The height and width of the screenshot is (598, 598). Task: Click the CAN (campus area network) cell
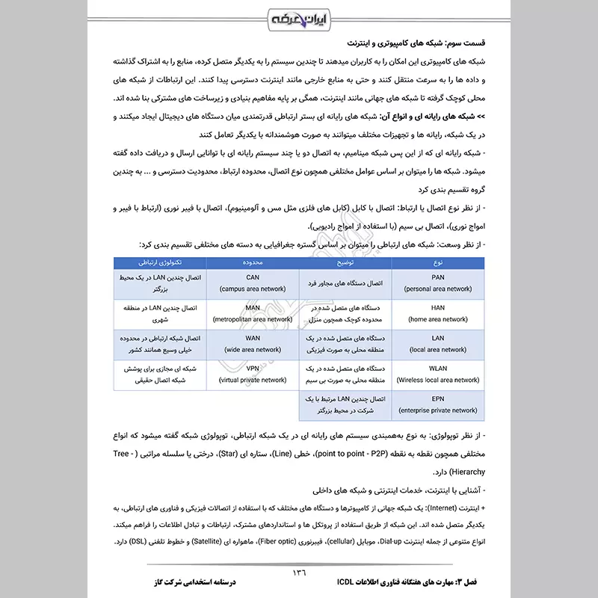[x=252, y=282]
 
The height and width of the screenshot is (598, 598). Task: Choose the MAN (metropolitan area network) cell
[x=252, y=312]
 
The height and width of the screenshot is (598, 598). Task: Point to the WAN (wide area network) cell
[x=252, y=343]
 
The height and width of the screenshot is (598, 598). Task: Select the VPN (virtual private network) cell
[x=252, y=374]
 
